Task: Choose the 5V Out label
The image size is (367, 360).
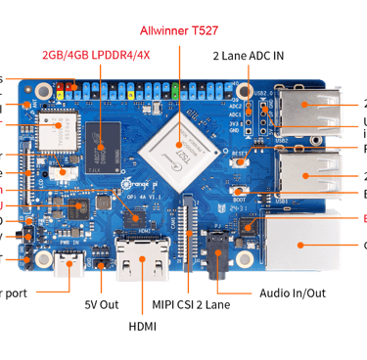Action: (101, 303)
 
